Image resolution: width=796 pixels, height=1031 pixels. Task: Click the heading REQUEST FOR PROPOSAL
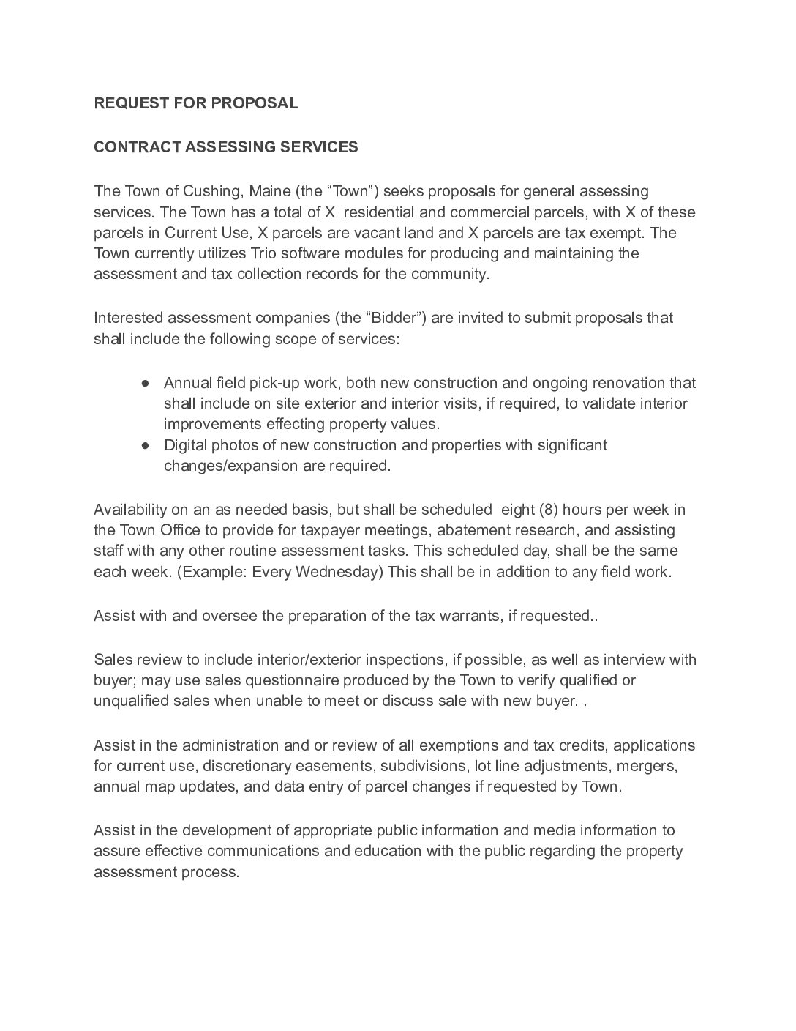tap(196, 103)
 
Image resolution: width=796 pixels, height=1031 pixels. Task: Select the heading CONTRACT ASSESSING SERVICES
tap(226, 146)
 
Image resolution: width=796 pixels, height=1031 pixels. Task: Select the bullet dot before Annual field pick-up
tap(146, 383)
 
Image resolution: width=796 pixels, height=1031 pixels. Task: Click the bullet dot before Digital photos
tap(146, 445)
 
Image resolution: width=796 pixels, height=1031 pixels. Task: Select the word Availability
tap(130, 510)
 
